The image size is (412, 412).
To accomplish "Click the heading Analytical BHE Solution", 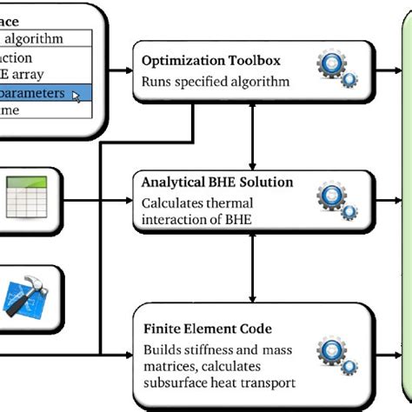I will (216, 183).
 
